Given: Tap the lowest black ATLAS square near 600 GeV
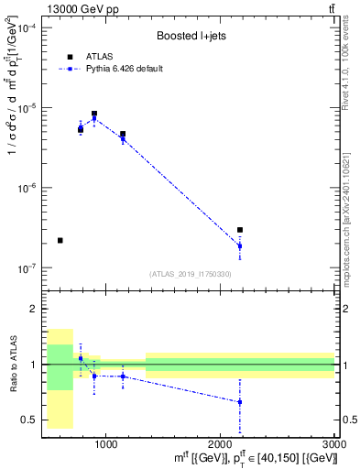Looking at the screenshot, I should pyautogui.click(x=60, y=240).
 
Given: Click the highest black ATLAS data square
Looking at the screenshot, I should pyautogui.click(x=94, y=115).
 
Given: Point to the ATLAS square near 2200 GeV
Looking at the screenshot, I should pyautogui.click(x=240, y=230).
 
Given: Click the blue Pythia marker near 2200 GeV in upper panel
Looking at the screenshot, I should pyautogui.click(x=240, y=245).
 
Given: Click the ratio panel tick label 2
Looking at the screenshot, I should pyautogui.click(x=32, y=310).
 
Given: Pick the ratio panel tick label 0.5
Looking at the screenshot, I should pyautogui.click(x=29, y=420).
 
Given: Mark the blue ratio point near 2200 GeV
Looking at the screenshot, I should pyautogui.click(x=240, y=402).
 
